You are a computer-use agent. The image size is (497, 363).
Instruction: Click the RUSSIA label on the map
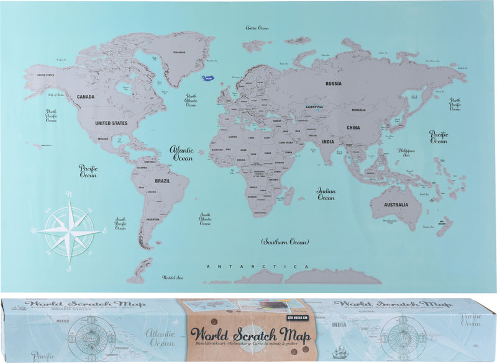pyautogui.click(x=334, y=83)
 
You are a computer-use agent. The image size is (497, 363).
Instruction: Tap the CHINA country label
pyautogui.click(x=353, y=128)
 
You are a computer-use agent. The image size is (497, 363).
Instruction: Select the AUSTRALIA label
pyautogui.click(x=396, y=205)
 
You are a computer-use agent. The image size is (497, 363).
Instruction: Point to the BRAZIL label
pyautogui.click(x=162, y=181)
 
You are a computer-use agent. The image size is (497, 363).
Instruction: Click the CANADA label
pyautogui.click(x=85, y=97)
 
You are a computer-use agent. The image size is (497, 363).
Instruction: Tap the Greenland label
pyautogui.click(x=180, y=53)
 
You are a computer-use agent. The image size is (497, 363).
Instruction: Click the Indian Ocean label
pyautogui.click(x=326, y=194)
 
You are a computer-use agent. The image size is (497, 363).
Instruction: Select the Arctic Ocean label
pyautogui.click(x=257, y=28)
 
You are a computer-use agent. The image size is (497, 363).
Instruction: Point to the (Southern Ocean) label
pyautogui.click(x=285, y=241)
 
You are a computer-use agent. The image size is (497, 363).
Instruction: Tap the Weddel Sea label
pyautogui.click(x=173, y=277)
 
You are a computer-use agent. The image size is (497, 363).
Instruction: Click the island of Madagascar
pyautogui.click(x=288, y=197)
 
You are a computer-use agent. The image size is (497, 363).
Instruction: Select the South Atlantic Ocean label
pyautogui.click(x=205, y=219)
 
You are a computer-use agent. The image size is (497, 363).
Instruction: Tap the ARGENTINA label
pyautogui.click(x=153, y=220)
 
